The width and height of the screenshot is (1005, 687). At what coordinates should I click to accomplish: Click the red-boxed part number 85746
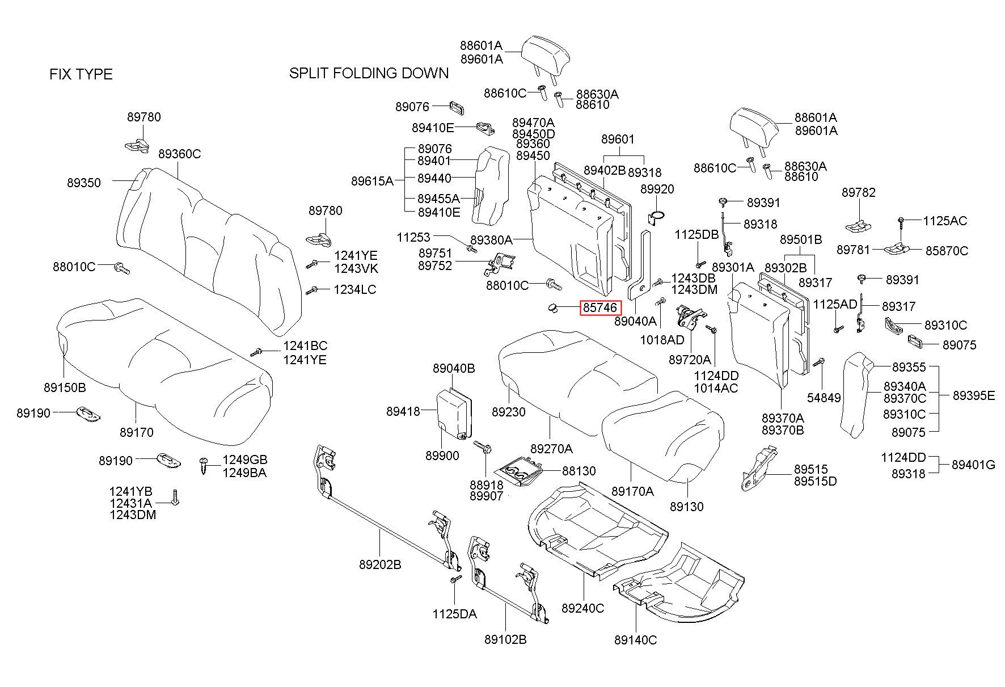600,308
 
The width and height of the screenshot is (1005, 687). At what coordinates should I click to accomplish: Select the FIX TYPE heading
81,74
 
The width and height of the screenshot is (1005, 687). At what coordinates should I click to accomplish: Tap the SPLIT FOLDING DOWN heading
369,73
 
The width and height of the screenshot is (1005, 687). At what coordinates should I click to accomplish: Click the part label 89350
84,183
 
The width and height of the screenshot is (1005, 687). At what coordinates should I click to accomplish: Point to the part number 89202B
380,564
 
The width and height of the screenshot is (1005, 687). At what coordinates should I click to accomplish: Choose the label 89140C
635,640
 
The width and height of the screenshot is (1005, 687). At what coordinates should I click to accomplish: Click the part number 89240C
583,608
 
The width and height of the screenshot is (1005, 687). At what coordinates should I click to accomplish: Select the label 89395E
974,395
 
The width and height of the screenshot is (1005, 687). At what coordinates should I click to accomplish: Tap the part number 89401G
974,465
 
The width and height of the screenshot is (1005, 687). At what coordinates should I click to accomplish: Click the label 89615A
372,181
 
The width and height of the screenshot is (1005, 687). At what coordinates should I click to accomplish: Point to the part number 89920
657,189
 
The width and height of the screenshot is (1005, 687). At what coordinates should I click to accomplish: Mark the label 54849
824,398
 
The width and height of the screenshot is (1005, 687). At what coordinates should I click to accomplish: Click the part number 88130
579,471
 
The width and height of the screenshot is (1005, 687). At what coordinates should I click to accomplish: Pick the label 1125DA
454,614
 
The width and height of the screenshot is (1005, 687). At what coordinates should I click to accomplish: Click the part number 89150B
65,387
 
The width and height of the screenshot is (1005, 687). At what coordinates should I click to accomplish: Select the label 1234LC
355,289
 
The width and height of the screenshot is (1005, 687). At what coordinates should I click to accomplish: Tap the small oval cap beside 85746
552,308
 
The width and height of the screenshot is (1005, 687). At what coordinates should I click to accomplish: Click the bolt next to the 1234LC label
311,291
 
